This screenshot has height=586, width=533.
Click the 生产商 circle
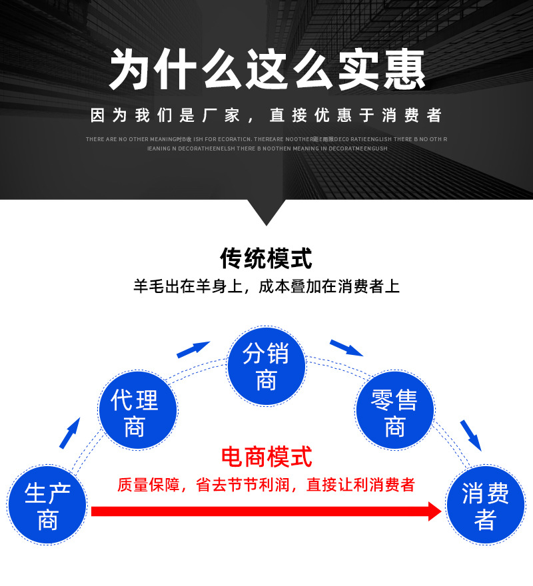pyautogui.click(x=47, y=505)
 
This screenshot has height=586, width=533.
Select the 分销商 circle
pyautogui.click(x=266, y=366)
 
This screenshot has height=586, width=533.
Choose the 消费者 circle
pyautogui.click(x=485, y=505)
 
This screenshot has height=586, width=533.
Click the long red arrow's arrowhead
pyautogui.click(x=434, y=511)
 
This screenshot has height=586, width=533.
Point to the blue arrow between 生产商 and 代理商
pyautogui.click(x=69, y=433)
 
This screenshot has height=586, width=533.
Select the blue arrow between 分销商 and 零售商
pyautogui.click(x=346, y=348)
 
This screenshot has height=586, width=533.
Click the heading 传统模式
pyautogui.click(x=266, y=258)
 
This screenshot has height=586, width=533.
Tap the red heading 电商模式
pyautogui.click(x=266, y=457)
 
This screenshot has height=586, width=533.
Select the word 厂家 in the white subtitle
pyautogui.click(x=223, y=116)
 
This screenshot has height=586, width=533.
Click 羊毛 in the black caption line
pyautogui.click(x=148, y=287)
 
